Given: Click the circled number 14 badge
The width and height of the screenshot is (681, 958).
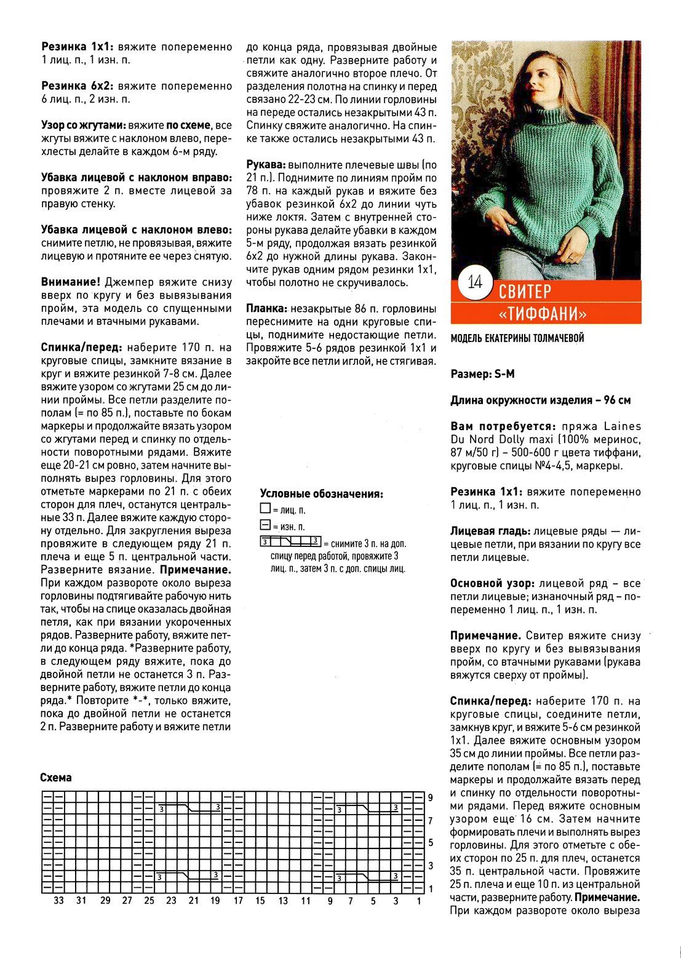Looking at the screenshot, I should coord(474,283).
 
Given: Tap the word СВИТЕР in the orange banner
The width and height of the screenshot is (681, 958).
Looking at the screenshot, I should coord(525,290).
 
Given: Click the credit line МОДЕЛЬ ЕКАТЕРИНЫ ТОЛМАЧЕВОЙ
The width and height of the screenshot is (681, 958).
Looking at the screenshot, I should coord(517,338).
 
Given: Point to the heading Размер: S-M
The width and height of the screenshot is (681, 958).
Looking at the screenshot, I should coord(482,373).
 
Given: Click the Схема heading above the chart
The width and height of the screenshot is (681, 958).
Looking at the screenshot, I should coord(56,777).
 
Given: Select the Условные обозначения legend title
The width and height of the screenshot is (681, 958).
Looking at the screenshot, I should coord(321,493).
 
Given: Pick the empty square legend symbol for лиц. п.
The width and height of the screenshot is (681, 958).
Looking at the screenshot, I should coord(265,509).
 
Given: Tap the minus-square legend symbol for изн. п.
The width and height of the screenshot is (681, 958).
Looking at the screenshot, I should coord(265,526).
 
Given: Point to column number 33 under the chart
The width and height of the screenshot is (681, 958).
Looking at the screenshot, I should coord(58,901).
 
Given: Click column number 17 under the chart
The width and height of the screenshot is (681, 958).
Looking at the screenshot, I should coord(237,901).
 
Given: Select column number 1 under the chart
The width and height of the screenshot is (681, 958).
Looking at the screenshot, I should coord(418,901).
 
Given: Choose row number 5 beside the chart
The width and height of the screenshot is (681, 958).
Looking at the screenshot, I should coord(431,843).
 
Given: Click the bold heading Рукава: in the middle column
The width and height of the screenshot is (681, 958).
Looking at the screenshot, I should coord(266,166).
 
